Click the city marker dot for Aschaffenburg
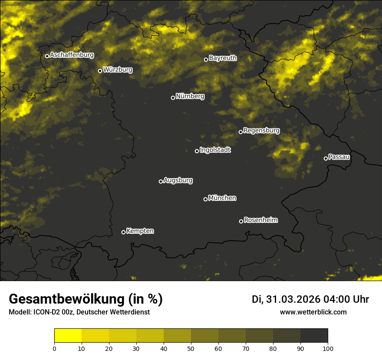[47, 56]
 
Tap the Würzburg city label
[118, 69]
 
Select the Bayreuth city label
[223, 58]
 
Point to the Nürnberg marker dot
[173, 98]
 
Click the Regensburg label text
[261, 130]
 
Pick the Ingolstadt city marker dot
[197, 151]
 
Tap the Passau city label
[339, 157]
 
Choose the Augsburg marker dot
[161, 181]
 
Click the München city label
[222, 198]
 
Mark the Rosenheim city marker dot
[241, 222]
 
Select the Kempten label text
[140, 231]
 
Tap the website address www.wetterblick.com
[313, 312]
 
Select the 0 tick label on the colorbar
[54, 348]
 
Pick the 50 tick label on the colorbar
[191, 348]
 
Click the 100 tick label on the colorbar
[328, 348]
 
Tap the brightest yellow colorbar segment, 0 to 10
[68, 336]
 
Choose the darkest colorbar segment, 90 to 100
[314, 336]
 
